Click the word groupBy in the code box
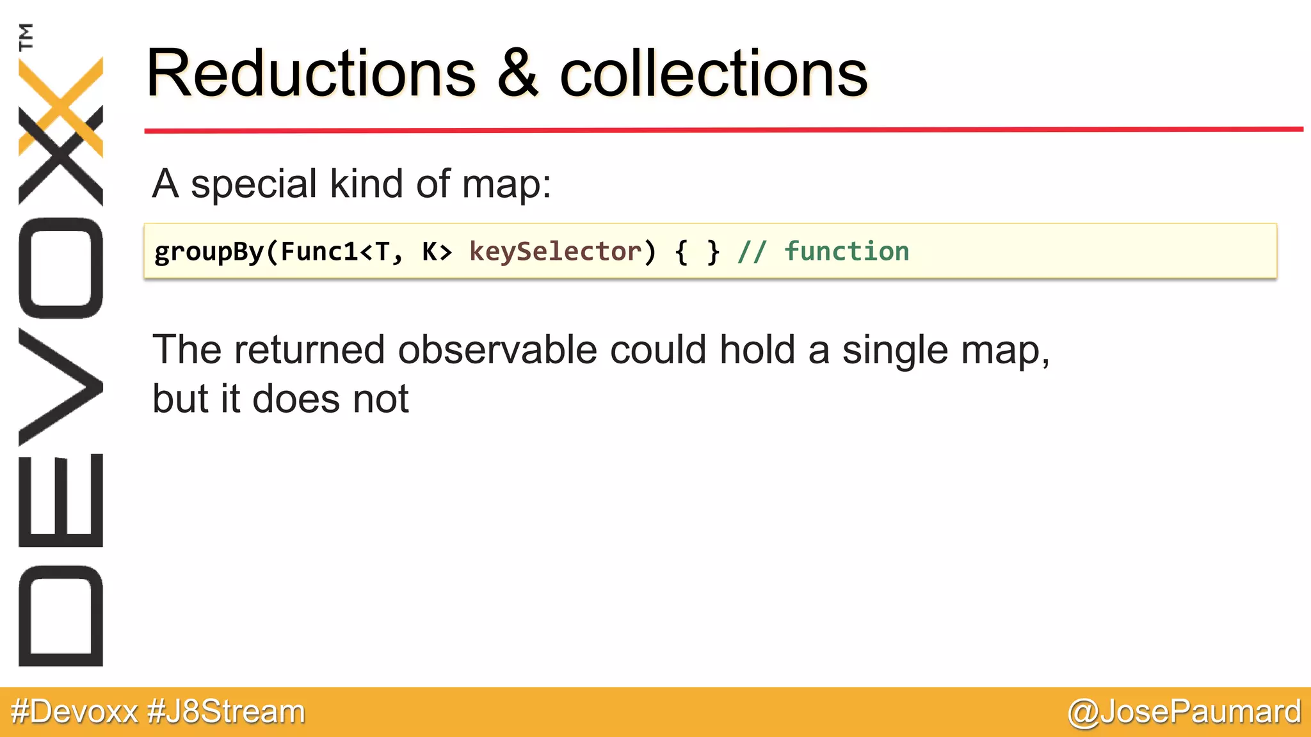(209, 252)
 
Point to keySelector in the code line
(555, 251)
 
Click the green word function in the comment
(846, 251)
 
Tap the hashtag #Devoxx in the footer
(75, 711)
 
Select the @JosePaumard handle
(1184, 711)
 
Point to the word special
(254, 184)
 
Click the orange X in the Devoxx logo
(61, 106)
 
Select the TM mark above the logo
(26, 36)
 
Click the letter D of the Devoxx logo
(61, 615)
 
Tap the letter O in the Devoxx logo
(61, 268)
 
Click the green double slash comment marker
(752, 251)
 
